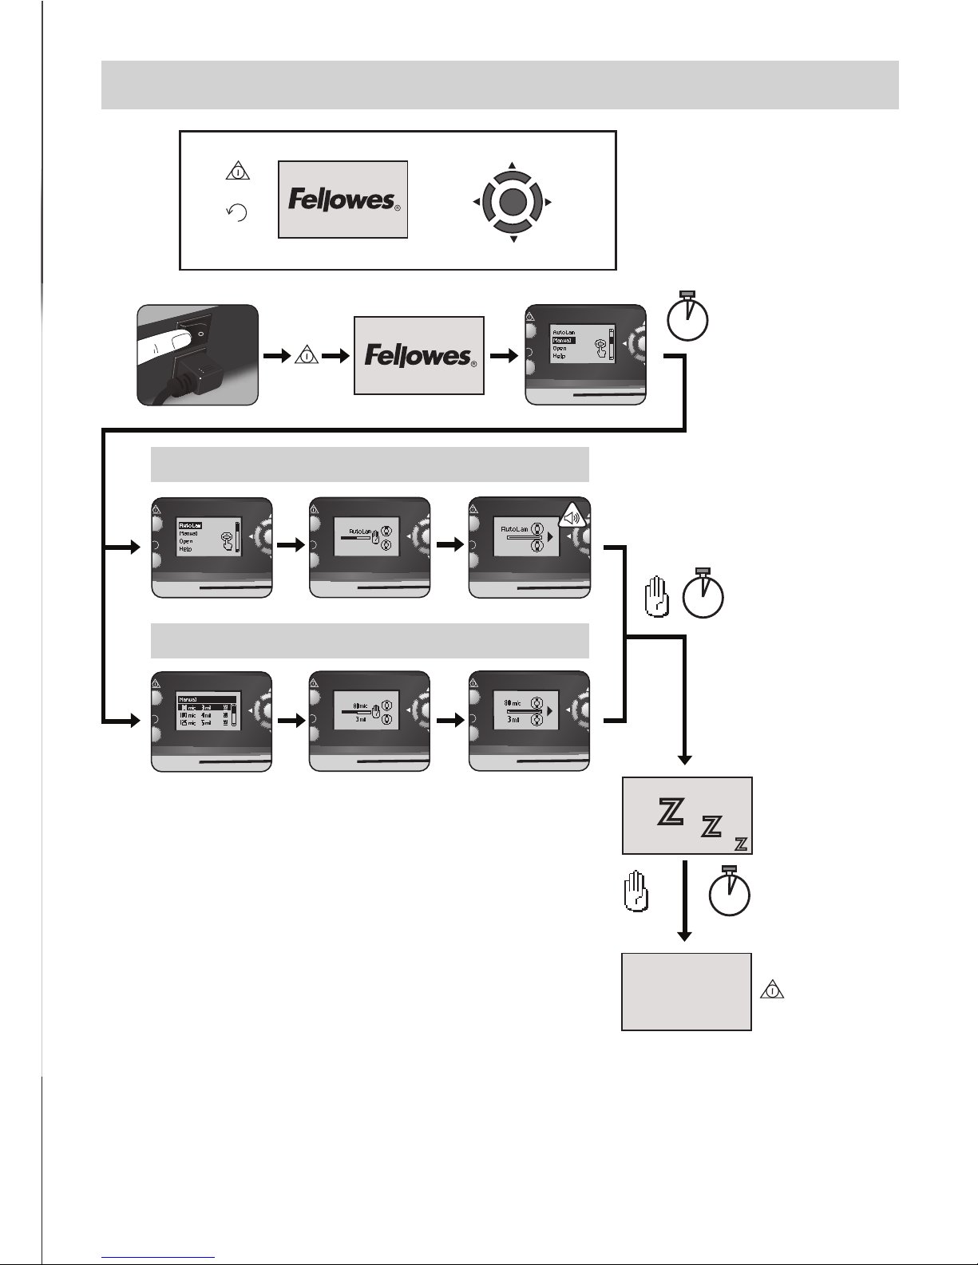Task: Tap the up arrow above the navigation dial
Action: point(513,166)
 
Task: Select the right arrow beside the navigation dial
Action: point(548,203)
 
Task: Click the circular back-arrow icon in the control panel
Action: point(237,212)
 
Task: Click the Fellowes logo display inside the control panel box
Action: point(342,199)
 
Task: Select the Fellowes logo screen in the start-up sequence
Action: point(418,355)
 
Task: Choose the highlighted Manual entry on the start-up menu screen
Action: point(563,340)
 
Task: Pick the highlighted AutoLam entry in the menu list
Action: point(188,525)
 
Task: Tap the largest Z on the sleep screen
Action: point(669,812)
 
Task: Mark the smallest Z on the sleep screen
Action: point(741,844)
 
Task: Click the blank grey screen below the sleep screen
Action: point(687,990)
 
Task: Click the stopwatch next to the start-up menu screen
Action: point(688,318)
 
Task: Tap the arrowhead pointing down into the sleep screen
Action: point(684,760)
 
